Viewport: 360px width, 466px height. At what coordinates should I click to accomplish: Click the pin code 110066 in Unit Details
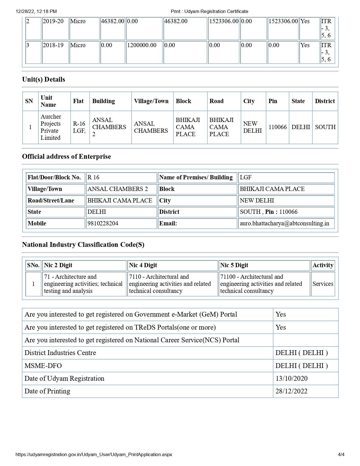coord(278,127)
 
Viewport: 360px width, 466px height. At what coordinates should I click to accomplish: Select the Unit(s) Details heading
coord(43,79)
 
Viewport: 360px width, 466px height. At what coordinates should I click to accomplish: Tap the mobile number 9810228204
coord(103,223)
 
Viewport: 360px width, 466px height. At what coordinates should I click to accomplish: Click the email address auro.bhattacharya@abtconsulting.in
coord(284,223)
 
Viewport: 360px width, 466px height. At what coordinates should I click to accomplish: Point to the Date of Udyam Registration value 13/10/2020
coord(291,378)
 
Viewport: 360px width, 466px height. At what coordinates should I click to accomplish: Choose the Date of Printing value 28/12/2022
coord(291,391)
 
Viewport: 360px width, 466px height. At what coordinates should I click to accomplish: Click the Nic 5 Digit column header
coord(234,265)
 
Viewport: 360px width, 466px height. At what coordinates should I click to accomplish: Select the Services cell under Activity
coord(323,284)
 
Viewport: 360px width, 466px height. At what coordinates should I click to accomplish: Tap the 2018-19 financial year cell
coord(53,45)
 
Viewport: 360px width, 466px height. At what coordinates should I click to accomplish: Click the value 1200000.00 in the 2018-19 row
coord(142,45)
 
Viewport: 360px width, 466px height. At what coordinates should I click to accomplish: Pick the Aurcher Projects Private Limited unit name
coord(51,127)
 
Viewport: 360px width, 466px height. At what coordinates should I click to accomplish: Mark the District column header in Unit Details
coord(325,101)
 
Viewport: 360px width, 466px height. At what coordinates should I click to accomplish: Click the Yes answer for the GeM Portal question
coord(281,314)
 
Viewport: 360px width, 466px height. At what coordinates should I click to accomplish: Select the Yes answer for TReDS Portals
coord(281,327)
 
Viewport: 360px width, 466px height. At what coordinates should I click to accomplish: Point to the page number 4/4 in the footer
coord(341,454)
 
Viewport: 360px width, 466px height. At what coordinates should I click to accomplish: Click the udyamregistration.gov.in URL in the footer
coord(94,454)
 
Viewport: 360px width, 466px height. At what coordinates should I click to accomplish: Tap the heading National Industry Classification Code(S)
coord(83,245)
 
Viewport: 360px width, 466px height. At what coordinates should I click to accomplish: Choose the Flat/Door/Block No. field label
coord(54,177)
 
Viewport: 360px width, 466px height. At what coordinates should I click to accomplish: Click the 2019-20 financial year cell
coord(53,21)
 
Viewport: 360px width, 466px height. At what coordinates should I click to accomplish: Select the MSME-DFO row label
coord(43,366)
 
